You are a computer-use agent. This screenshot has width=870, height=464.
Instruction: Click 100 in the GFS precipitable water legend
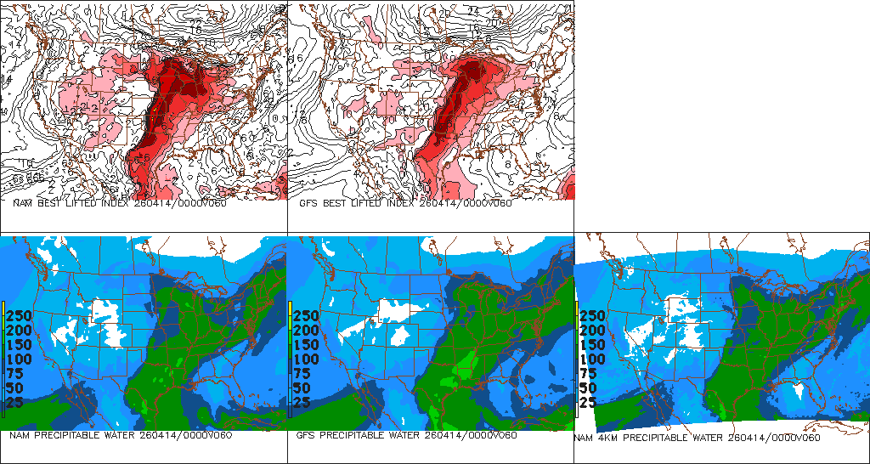(x=306, y=359)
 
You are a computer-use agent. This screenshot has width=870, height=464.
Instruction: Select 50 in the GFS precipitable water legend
(x=302, y=388)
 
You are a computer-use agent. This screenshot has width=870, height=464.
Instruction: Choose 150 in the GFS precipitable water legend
(x=306, y=344)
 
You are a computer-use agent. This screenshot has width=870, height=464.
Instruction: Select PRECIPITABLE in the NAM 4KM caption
(x=658, y=439)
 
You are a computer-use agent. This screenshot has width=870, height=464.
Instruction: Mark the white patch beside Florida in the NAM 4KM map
(x=796, y=390)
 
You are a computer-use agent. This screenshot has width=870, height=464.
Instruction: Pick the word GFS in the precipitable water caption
(x=307, y=436)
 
